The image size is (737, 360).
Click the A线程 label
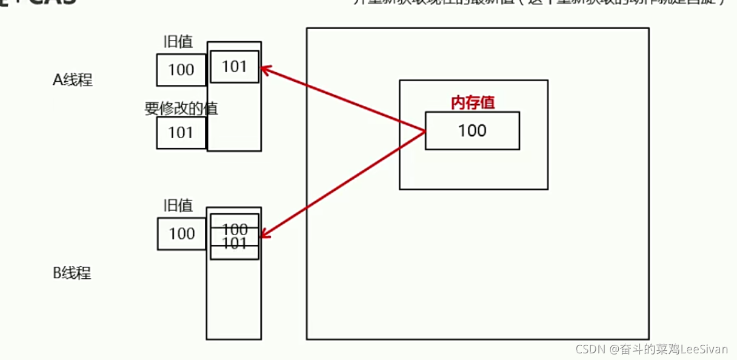(x=73, y=80)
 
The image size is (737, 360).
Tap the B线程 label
(x=72, y=273)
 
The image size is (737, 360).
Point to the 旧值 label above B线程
(x=178, y=206)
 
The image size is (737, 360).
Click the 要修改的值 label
(x=181, y=109)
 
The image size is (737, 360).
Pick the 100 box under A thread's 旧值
(x=181, y=70)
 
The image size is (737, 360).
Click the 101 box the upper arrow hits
(x=235, y=67)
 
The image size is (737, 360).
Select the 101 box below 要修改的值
(x=181, y=133)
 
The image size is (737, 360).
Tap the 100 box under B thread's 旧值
(x=182, y=234)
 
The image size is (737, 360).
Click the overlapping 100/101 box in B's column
(x=235, y=236)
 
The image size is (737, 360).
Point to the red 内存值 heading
(x=473, y=103)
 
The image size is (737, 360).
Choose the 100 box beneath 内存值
(x=472, y=130)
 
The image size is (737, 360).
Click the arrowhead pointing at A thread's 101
(x=265, y=69)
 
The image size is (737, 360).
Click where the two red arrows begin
(x=424, y=131)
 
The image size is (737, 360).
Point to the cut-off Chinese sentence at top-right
(x=539, y=2)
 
